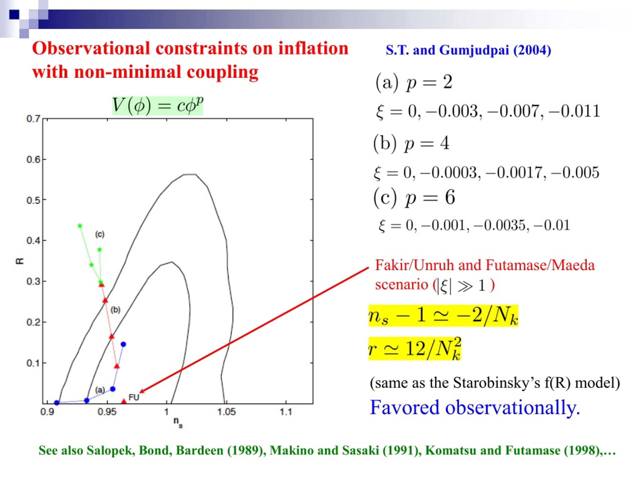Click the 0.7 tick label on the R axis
click(33, 119)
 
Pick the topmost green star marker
click(80, 225)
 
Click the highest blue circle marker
click(123, 344)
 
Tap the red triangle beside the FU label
click(124, 401)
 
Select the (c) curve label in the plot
click(100, 234)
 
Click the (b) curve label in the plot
click(115, 310)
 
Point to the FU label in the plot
click(134, 397)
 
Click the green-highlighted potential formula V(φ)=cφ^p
click(158, 105)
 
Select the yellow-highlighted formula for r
click(415, 348)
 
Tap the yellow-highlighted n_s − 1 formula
click(443, 316)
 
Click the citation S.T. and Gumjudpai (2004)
click(468, 50)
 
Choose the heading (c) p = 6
click(414, 198)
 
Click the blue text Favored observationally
click(475, 407)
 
